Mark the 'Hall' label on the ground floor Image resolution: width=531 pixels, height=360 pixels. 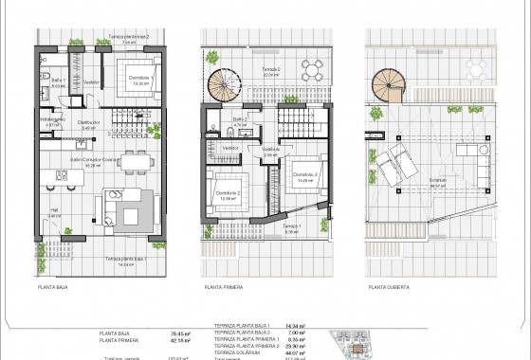pos(54,212)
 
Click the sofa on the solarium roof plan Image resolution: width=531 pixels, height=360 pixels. pos(467,155)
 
